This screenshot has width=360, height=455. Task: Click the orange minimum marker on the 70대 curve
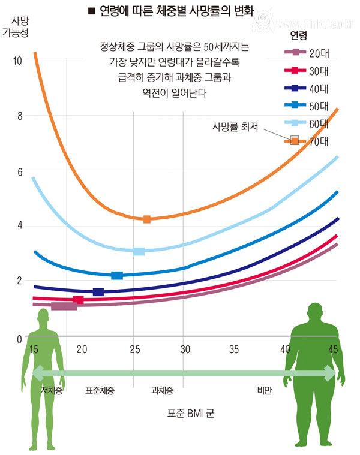[147, 219]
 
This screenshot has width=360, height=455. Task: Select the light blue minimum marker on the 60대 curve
[139, 251]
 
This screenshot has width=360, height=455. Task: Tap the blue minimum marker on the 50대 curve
[117, 276]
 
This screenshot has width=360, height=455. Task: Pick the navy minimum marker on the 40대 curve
[98, 292]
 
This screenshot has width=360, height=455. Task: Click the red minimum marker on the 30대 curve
[78, 300]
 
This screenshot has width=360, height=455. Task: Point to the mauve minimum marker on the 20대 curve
[64, 306]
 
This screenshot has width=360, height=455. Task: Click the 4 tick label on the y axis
[19, 226]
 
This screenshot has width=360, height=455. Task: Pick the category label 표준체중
[100, 390]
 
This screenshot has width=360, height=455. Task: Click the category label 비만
[264, 390]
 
